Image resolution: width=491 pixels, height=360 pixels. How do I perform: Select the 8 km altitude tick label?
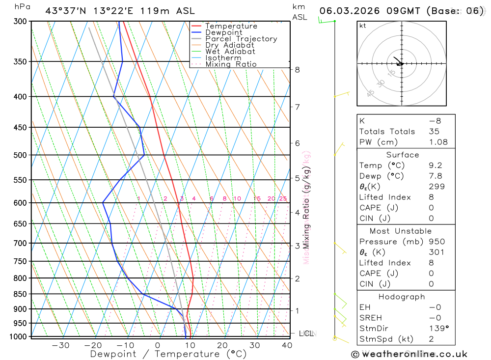tap(297, 70)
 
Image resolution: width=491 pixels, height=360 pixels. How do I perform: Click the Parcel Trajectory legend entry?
tap(241, 39)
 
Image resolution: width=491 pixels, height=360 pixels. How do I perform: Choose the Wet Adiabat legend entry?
tap(230, 52)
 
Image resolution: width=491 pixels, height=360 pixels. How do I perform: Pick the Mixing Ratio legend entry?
tap(231, 64)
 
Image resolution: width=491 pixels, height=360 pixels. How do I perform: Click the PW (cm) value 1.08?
tap(438, 142)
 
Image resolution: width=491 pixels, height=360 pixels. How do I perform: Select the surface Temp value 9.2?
tap(435, 166)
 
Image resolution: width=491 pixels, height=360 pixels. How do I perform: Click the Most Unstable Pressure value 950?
tap(436, 242)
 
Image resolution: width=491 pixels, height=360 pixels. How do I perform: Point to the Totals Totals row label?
tap(387, 132)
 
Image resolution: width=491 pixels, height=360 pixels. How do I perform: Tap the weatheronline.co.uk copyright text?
tap(409, 354)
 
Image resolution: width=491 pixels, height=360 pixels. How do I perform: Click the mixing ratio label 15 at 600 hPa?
tap(257, 198)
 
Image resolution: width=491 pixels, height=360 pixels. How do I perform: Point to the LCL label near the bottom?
tap(306, 333)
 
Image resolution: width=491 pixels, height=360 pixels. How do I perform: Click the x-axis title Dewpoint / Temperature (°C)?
tap(168, 354)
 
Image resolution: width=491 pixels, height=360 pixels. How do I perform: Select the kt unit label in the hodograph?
tap(363, 26)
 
